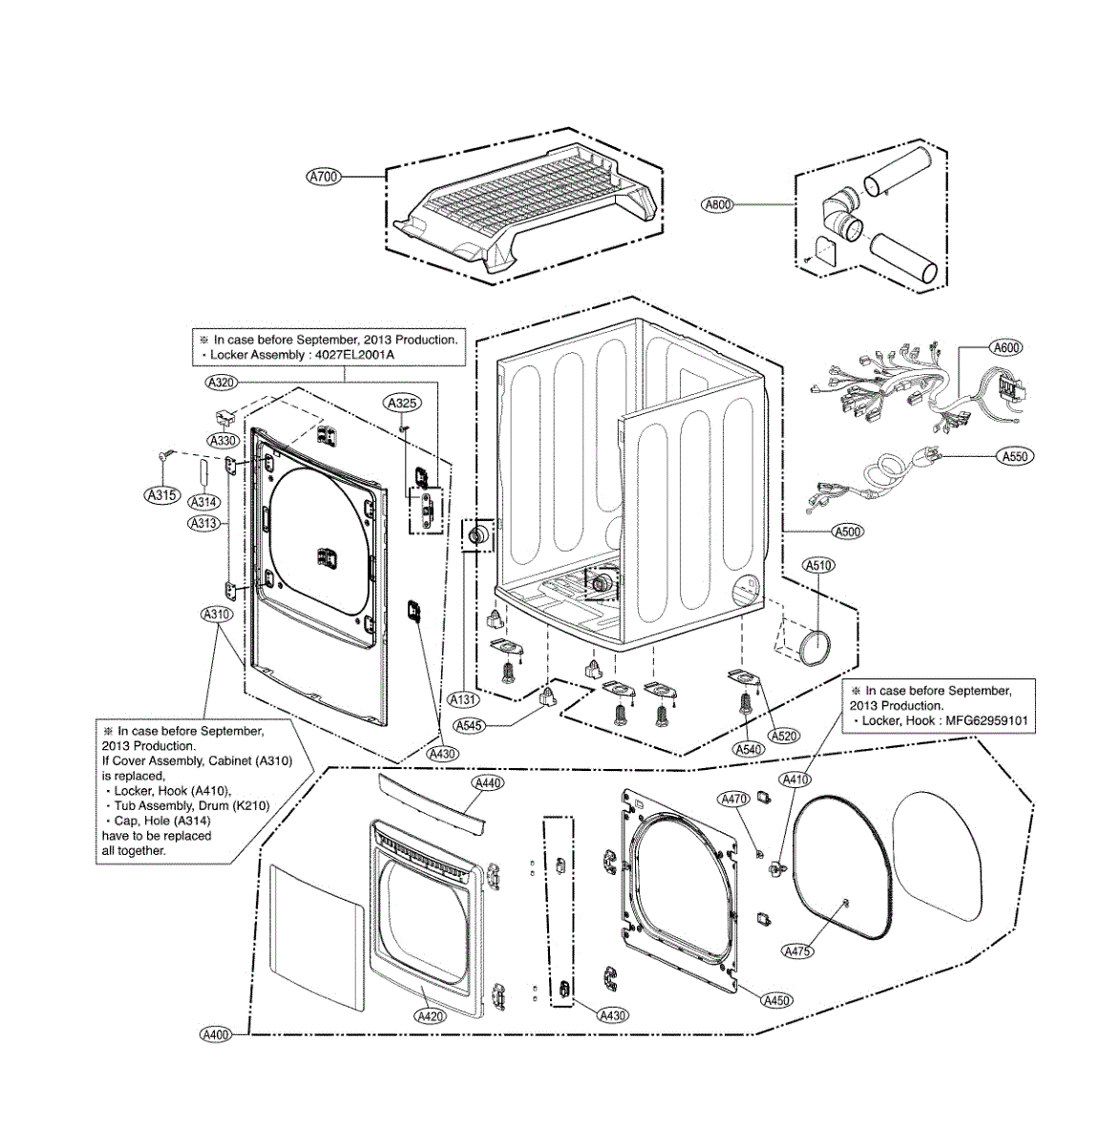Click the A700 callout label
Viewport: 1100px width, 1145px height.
[324, 177]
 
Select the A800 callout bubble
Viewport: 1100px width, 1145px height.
[718, 204]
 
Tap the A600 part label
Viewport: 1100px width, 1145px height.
[1005, 348]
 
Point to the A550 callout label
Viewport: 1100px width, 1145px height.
[1015, 457]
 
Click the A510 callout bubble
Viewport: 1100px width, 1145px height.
[818, 566]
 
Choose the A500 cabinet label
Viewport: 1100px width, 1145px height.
[847, 531]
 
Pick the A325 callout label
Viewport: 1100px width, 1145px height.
[403, 404]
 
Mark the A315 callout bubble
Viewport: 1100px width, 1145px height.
[160, 494]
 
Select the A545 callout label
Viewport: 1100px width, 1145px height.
[471, 726]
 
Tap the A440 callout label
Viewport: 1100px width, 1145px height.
[488, 782]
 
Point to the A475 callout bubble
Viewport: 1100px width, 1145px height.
[797, 950]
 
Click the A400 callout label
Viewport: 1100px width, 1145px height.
[216, 1034]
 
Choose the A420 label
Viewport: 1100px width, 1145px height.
[431, 1016]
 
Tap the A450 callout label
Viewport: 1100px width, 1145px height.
[777, 1000]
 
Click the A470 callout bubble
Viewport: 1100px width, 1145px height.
[734, 799]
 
